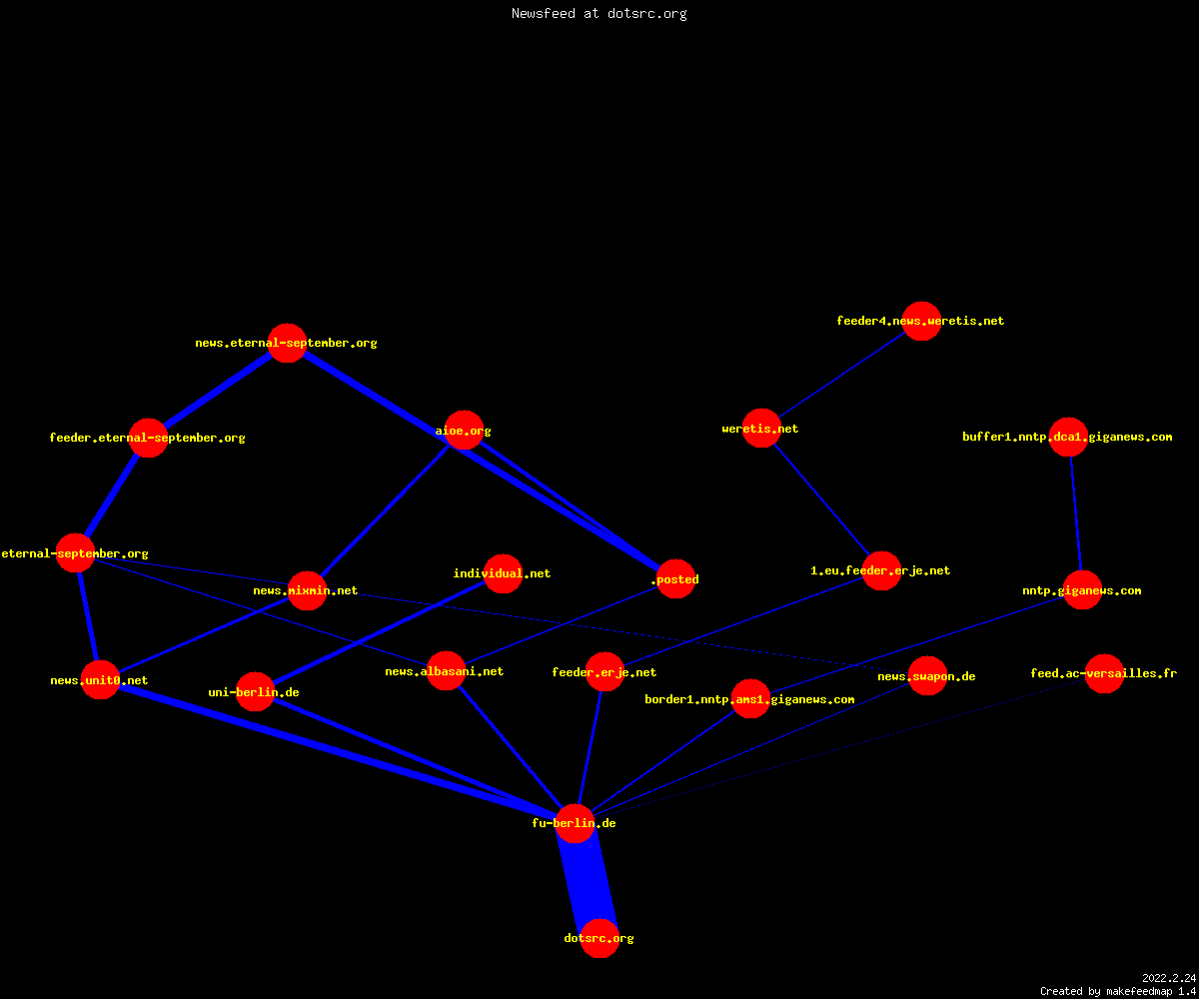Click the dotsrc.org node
point(599,938)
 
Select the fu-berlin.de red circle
point(575,823)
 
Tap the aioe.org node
point(464,430)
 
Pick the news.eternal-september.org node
point(287,343)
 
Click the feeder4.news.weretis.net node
point(921,321)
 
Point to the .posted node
point(675,578)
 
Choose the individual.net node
point(503,573)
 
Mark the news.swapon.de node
point(927,675)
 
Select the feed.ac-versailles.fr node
point(1104,673)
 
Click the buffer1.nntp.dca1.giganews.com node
point(1068,437)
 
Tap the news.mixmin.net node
point(307,590)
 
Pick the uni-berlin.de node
point(255,692)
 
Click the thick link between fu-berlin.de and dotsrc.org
point(587,881)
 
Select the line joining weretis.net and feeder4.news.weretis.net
point(841,375)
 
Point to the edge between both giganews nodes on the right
point(1075,513)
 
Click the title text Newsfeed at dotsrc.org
point(599,13)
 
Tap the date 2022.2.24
point(1169,978)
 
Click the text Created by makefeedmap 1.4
point(1118,991)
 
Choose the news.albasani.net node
point(446,670)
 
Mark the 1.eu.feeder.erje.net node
point(881,570)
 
